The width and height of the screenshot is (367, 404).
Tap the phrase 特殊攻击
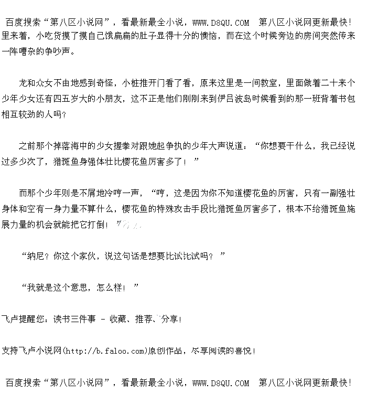[187, 208]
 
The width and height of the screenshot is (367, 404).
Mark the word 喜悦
[243, 350]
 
